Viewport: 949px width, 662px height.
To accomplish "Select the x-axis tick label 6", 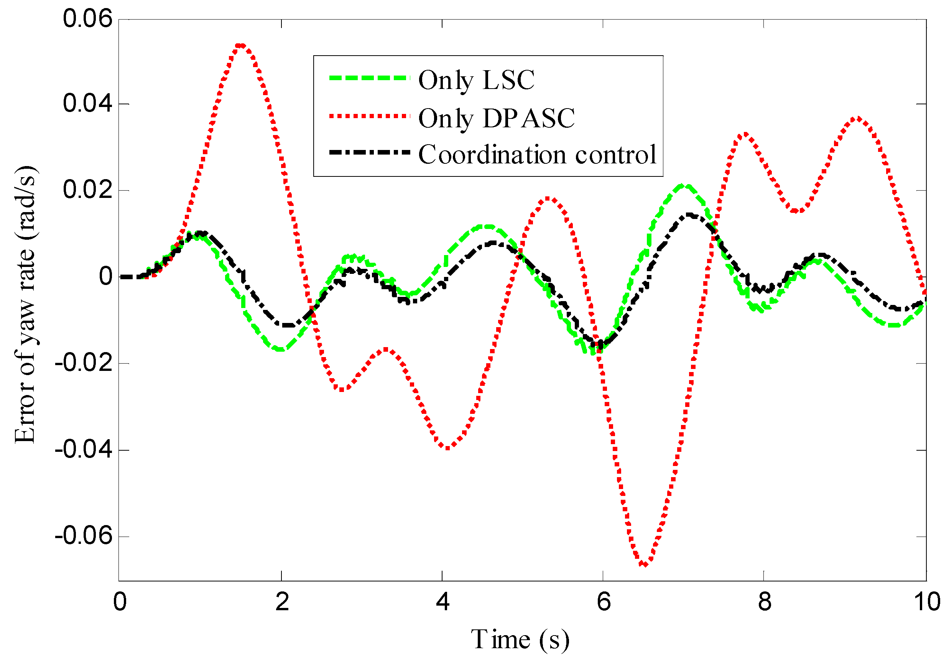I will point(603,602).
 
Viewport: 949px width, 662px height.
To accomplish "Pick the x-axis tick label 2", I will point(282,602).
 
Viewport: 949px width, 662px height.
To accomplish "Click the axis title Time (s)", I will point(520,640).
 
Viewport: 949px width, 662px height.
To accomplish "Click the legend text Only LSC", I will point(476,80).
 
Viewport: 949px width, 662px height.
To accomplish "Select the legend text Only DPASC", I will point(497,118).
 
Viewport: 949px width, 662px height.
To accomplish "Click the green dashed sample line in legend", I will point(370,78).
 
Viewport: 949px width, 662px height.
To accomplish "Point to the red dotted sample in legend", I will point(370,116).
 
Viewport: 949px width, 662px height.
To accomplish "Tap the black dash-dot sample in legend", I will point(370,153).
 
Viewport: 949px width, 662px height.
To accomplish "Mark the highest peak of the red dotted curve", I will point(240,45).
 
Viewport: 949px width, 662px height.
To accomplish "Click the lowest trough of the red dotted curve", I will point(645,563).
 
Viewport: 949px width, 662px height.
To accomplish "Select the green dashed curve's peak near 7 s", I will point(685,186).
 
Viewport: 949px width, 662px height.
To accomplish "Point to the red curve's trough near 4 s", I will point(447,447).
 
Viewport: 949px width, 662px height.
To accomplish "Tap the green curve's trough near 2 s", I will point(281,349).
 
